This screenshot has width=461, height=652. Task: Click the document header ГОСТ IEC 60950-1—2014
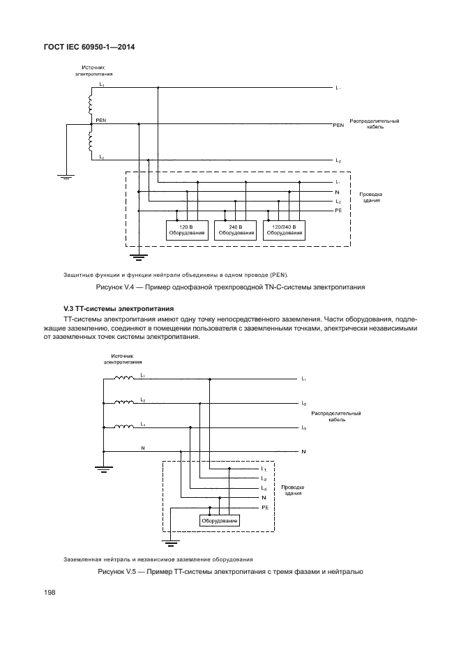tap(89, 47)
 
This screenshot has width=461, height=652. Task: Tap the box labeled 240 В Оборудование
tap(235, 230)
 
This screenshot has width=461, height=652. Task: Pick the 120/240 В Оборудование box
tap(284, 230)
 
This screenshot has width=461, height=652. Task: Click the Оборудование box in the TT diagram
tap(220, 521)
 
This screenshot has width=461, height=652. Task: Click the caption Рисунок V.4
tap(230, 287)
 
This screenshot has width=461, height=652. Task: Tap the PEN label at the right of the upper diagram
tap(339, 126)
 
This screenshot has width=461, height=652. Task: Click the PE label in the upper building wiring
tap(338, 210)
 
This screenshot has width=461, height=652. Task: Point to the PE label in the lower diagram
tap(265, 508)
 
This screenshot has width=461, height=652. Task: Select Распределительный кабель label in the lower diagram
tap(336, 417)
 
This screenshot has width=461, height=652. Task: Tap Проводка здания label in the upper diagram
tap(371, 197)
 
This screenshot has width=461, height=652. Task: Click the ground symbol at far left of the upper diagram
tap(66, 176)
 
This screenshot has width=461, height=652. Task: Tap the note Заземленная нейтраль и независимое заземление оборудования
tap(158, 559)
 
